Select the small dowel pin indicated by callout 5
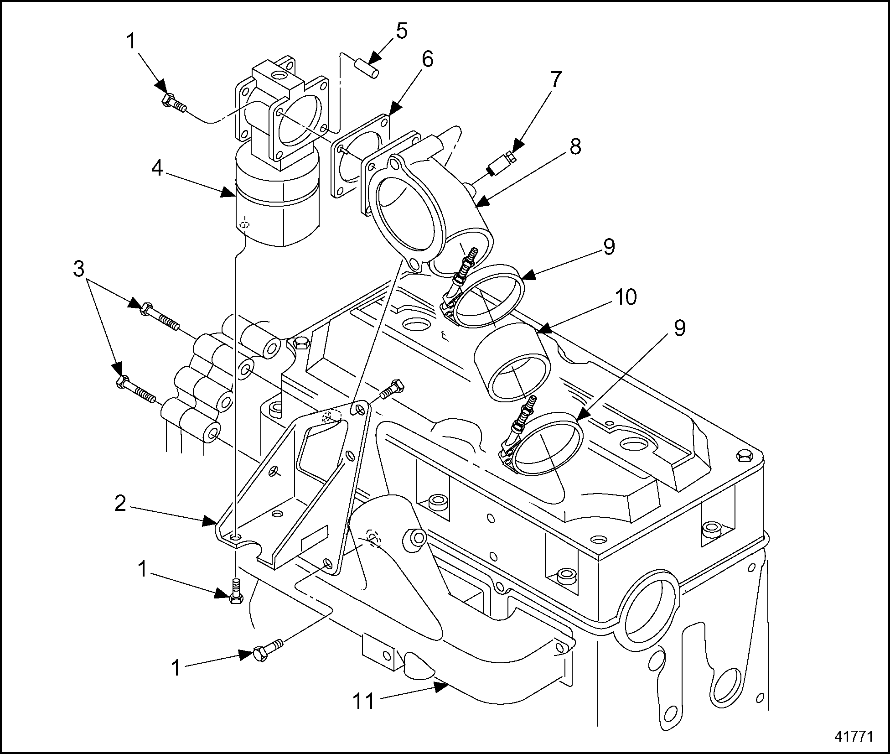367,68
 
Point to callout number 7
554,80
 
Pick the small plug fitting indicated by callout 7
501,165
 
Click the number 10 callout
625,297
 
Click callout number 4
157,168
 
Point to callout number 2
120,504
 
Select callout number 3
79,269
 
